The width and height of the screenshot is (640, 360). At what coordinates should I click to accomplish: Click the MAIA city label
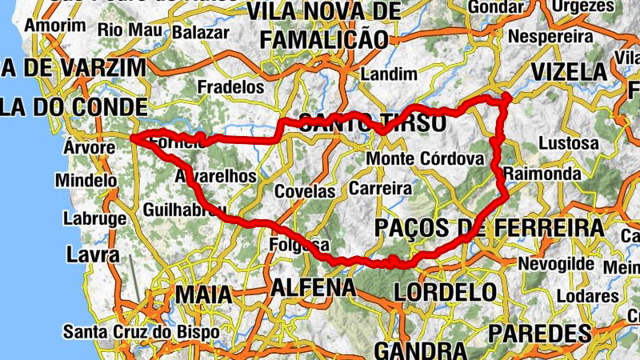[x=203, y=294]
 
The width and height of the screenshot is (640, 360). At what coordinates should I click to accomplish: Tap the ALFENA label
[x=313, y=287]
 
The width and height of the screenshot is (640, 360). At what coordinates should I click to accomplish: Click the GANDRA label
[x=420, y=350]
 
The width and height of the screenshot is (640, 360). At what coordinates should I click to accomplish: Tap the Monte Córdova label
[x=426, y=159]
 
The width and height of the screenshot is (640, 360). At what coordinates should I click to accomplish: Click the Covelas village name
[x=304, y=192]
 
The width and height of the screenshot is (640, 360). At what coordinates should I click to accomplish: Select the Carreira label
[x=380, y=190]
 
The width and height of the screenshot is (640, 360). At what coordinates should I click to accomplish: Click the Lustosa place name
[x=569, y=143]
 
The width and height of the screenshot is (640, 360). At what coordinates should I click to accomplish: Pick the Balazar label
[x=194, y=33]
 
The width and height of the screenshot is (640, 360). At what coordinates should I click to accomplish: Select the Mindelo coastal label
[x=86, y=181]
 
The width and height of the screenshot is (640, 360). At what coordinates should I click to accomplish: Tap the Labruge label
[x=94, y=218]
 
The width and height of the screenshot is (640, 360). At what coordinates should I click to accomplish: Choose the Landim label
[x=389, y=74]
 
